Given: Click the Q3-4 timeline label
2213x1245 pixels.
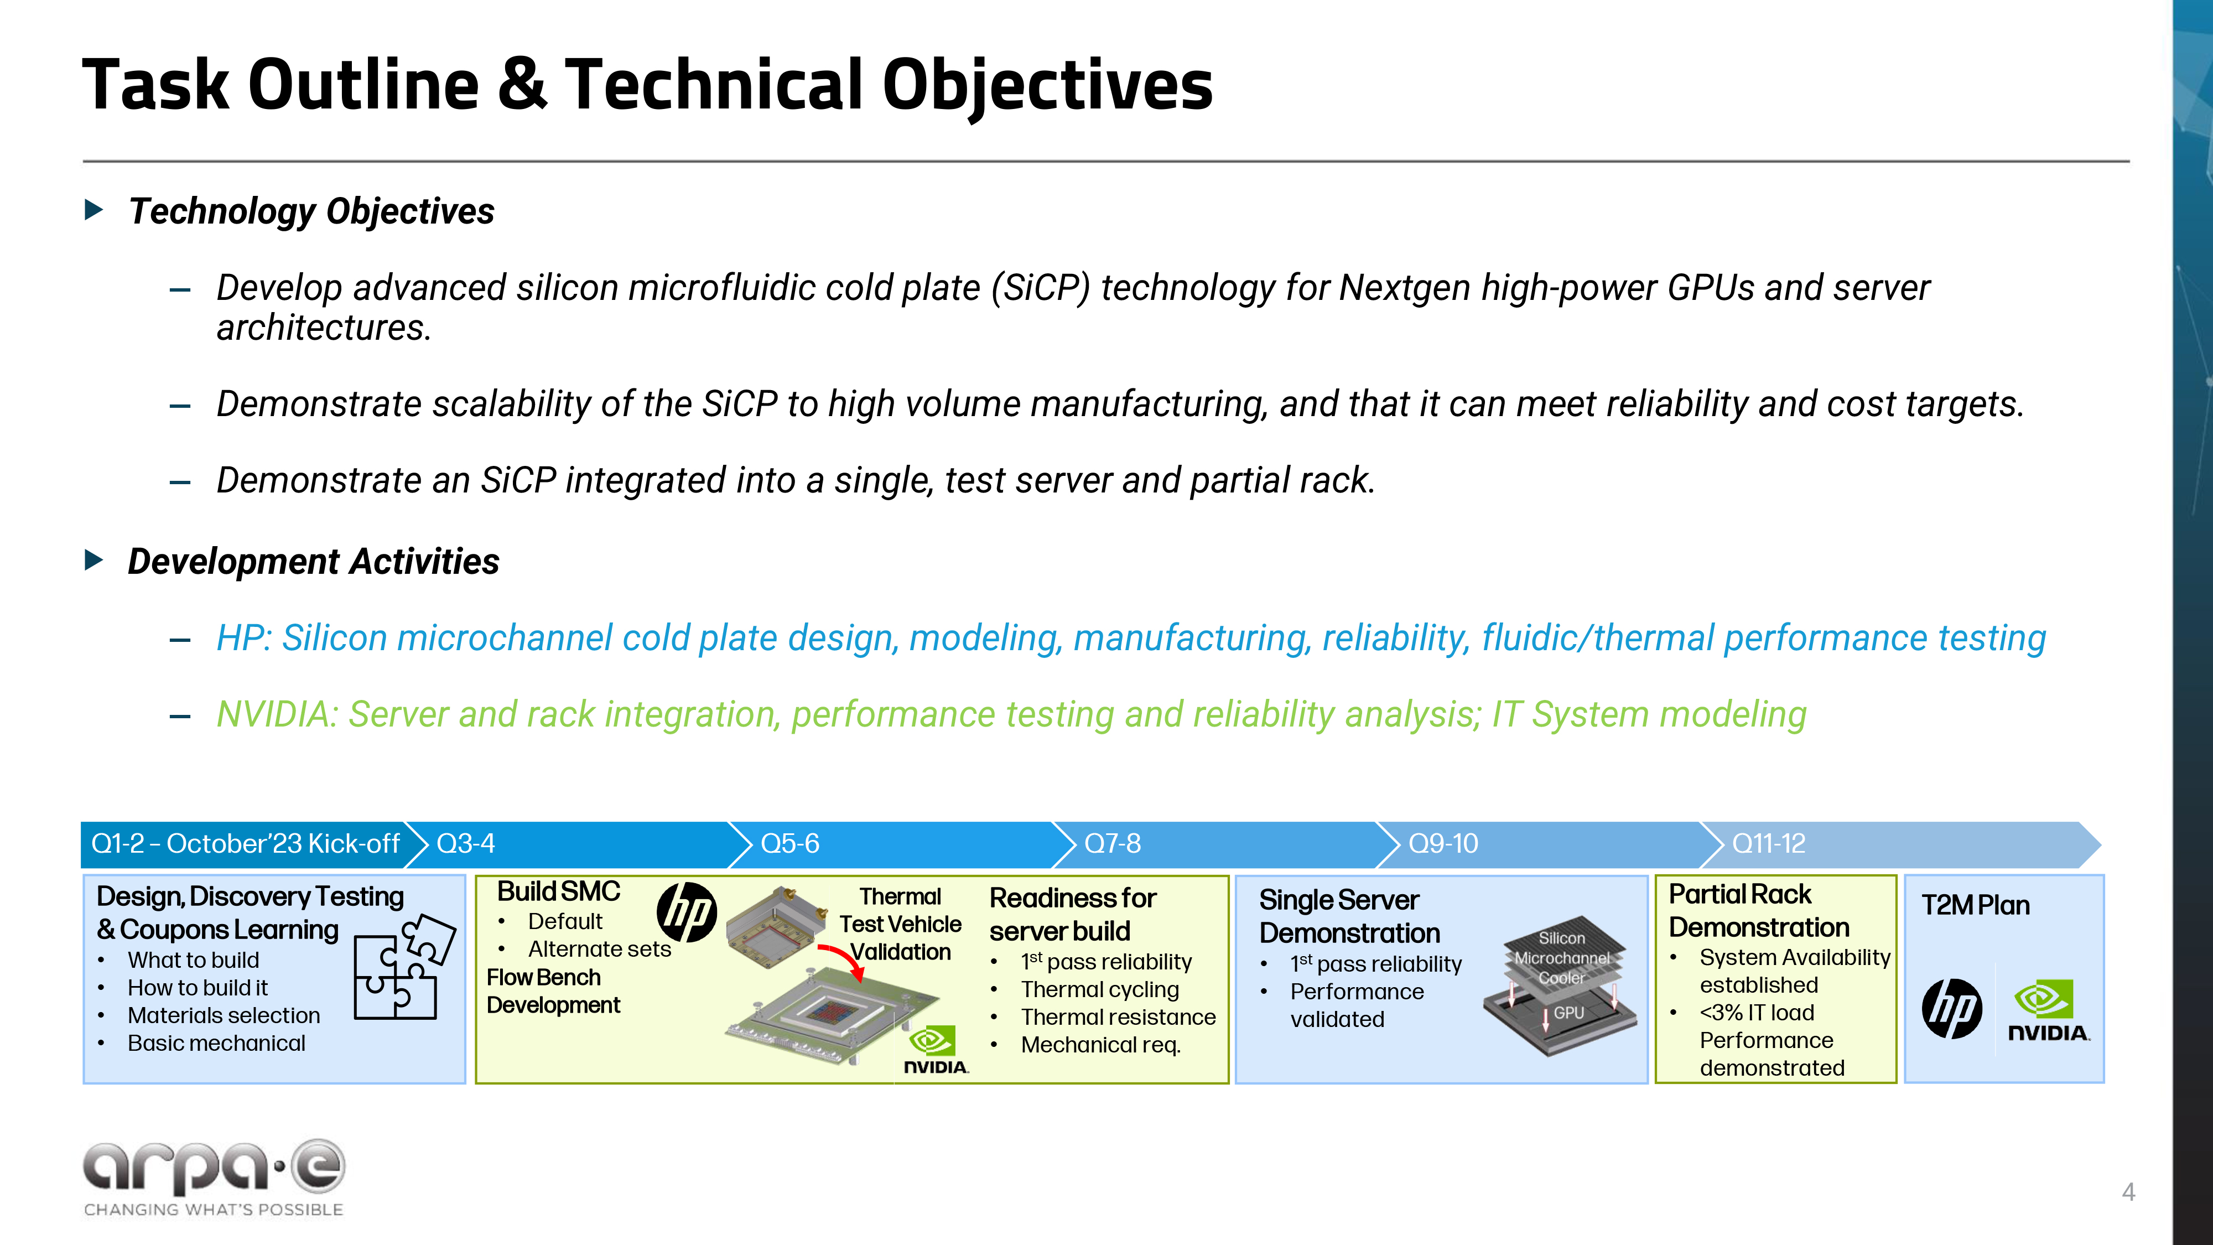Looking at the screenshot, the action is point(466,844).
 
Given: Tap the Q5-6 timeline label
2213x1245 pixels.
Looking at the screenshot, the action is point(789,844).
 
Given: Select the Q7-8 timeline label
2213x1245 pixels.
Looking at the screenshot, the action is point(1113,844).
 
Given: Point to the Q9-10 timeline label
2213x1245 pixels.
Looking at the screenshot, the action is point(1443,844).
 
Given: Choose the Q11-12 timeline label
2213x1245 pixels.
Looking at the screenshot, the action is point(1769,844).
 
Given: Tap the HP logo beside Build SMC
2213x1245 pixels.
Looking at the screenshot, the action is point(687,912).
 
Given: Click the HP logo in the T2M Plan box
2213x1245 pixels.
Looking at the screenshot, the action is point(1952,1009).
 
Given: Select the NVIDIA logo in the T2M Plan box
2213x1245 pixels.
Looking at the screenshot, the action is point(2048,1011).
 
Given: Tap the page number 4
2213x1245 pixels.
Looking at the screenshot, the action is point(2128,1192).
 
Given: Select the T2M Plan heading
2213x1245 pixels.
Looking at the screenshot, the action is point(1975,906).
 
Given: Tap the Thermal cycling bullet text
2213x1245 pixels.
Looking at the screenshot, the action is point(1100,990).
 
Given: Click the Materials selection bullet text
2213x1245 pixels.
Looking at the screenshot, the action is point(224,1015).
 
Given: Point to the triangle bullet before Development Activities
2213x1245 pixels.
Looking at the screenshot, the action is point(95,560).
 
